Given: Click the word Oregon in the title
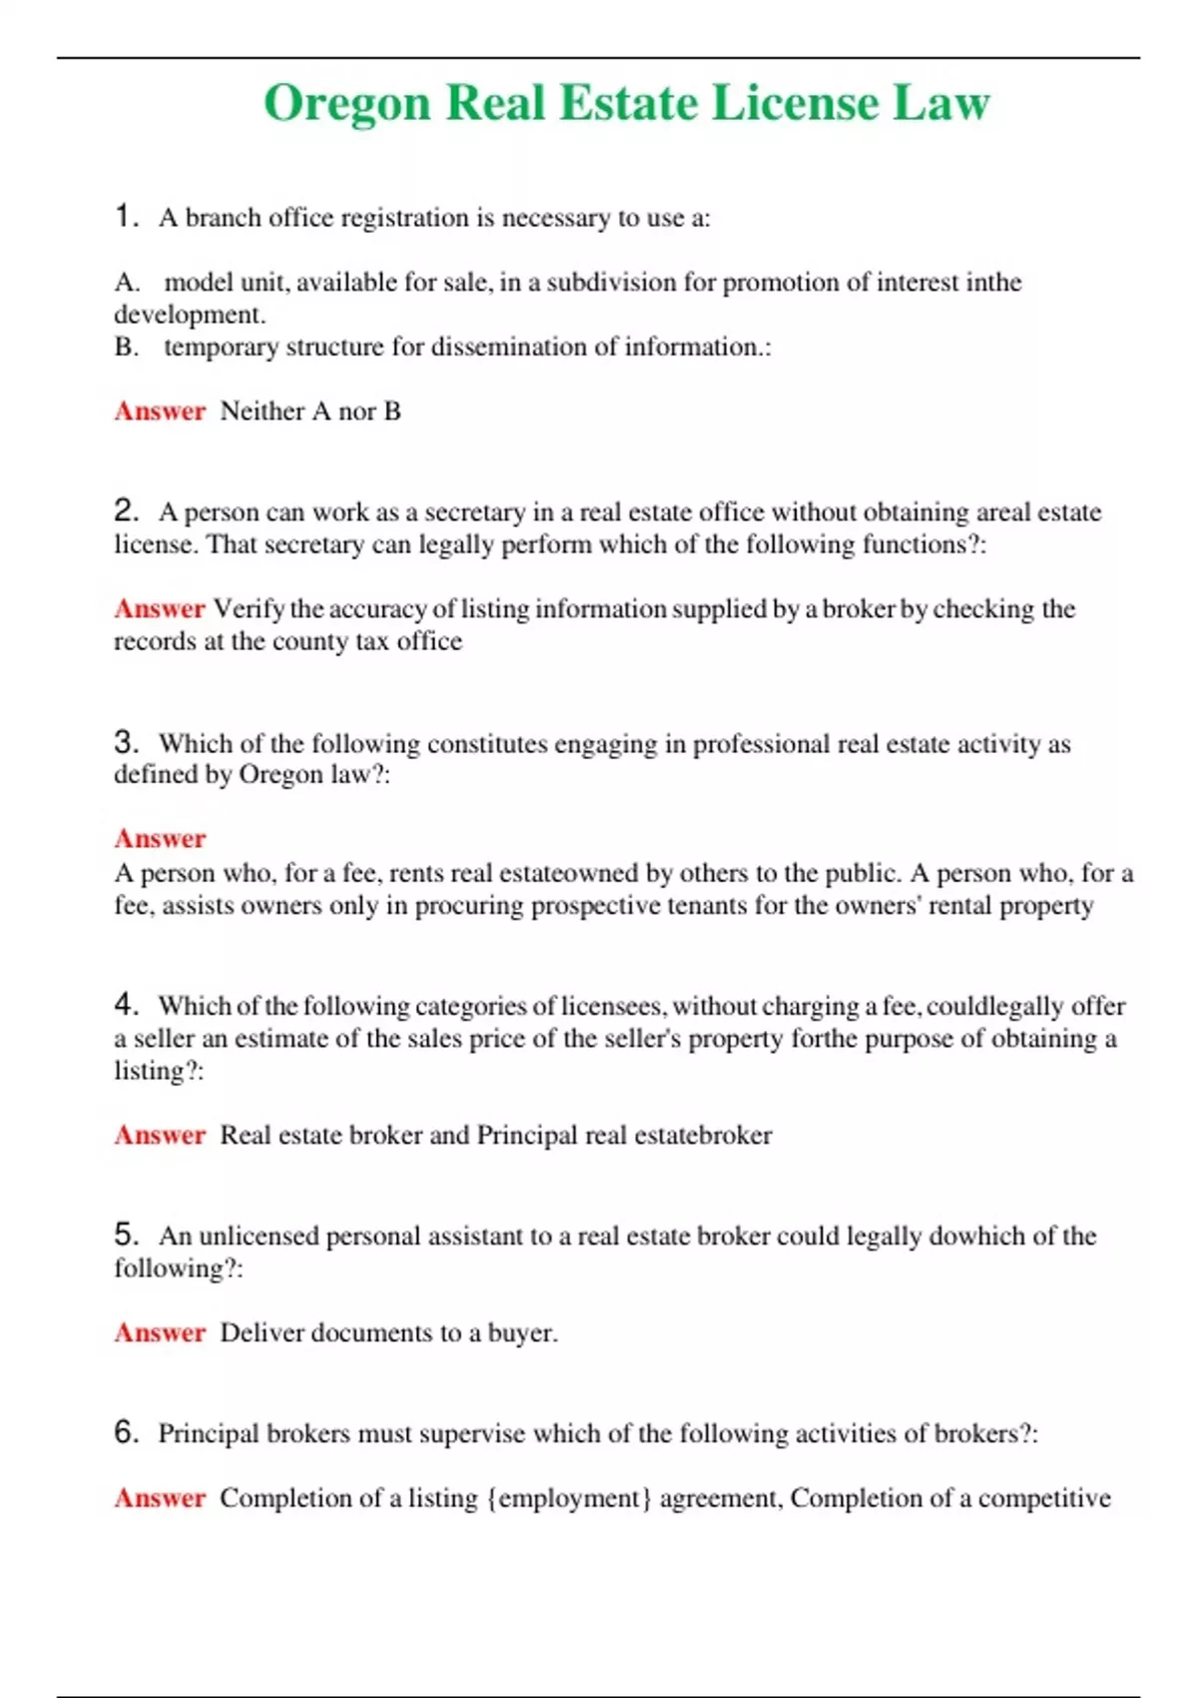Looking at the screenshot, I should point(346,104).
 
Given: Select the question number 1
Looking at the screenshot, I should point(125,216).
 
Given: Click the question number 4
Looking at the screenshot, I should point(125,1003).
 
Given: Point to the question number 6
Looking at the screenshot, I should point(125,1431).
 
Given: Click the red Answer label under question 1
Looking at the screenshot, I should point(160,411).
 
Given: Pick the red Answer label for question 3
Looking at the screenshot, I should point(160,838).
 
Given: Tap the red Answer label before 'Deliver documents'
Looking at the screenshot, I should point(160,1332).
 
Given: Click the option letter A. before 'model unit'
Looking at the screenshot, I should point(127,283).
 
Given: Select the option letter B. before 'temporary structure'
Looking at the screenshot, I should point(127,347).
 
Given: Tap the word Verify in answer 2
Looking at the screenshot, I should point(249,608).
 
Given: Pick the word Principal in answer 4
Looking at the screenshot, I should point(527,1135).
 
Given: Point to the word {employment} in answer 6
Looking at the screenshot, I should point(569,1497).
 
